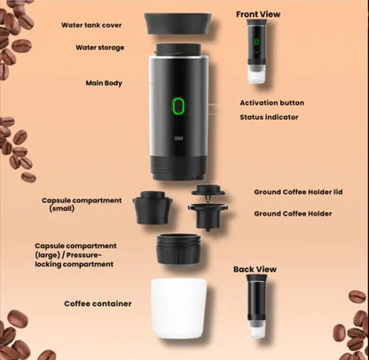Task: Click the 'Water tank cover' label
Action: (x=98, y=25)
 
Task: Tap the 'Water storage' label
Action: (x=99, y=47)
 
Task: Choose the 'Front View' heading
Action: (x=257, y=14)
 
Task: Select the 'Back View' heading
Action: (x=255, y=269)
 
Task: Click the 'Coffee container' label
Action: (x=98, y=303)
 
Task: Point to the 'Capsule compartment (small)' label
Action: (x=81, y=204)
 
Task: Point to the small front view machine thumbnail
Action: (x=256, y=53)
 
